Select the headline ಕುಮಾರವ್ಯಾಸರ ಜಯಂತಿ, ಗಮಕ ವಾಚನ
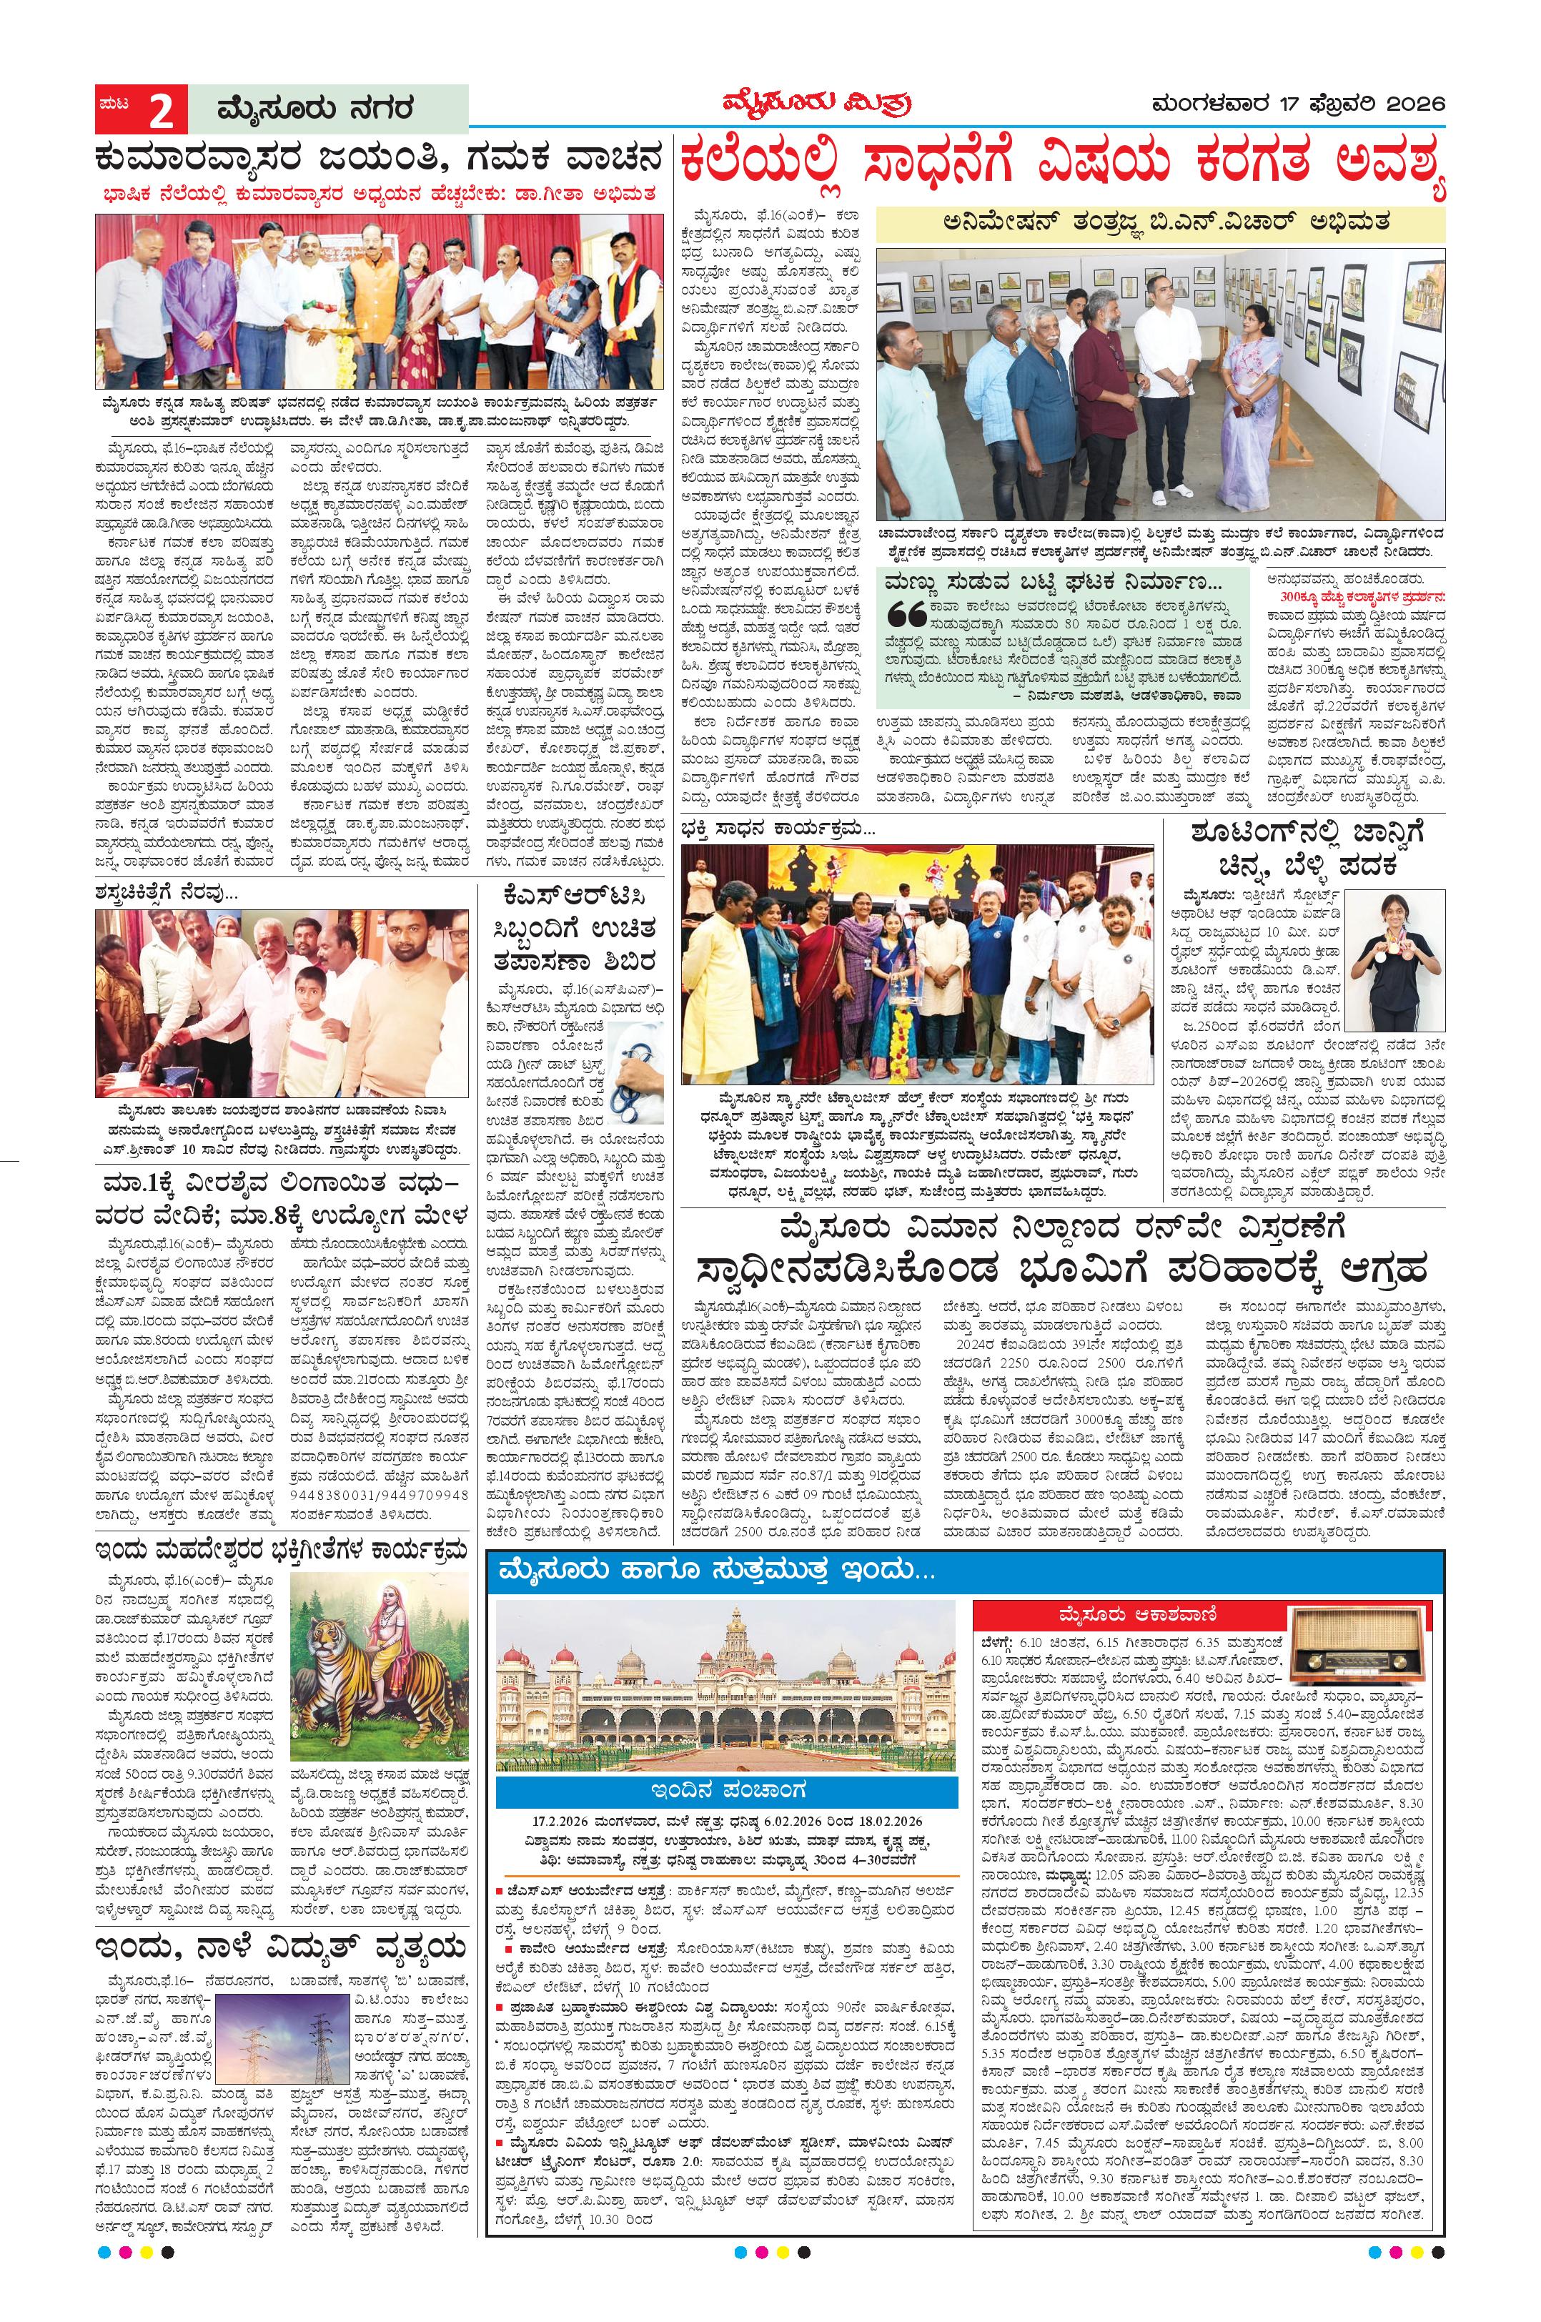378,158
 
